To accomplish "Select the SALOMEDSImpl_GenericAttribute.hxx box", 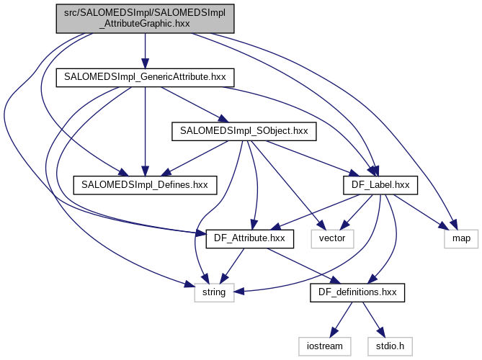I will click(146, 76).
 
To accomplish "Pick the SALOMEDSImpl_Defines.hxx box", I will click(146, 185).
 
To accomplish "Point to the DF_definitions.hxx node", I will click(358, 292).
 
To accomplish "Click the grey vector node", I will click(332, 238).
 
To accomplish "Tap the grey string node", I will click(215, 292).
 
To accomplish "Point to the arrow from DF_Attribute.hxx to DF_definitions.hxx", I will click(303, 265).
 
